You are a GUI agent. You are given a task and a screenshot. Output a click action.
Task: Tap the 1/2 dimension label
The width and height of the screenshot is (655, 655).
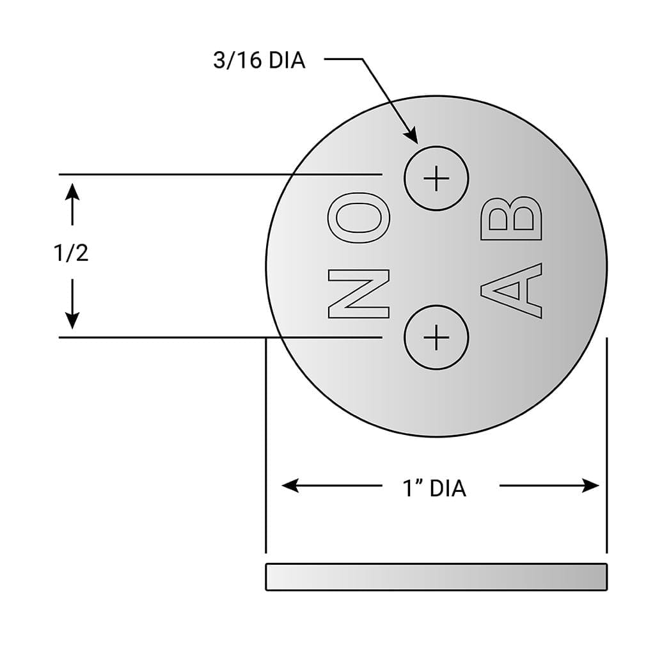tap(70, 253)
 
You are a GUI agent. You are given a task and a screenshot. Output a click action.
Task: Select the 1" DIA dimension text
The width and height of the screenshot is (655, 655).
tap(434, 489)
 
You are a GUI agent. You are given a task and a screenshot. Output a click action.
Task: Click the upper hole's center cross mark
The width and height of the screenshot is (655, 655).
tap(436, 178)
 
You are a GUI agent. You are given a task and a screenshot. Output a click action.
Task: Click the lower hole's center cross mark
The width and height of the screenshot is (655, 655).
tap(436, 337)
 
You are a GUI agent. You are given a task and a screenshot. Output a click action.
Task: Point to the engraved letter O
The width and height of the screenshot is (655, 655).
tap(358, 223)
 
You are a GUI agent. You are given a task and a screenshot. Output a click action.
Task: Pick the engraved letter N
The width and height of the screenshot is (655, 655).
tap(358, 294)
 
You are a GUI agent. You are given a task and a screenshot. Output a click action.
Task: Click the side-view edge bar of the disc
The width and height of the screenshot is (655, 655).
tap(436, 576)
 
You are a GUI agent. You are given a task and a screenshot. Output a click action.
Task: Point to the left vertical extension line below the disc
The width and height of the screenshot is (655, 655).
tap(265, 448)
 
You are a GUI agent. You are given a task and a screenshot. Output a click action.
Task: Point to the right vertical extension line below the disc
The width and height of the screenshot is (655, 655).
tap(606, 448)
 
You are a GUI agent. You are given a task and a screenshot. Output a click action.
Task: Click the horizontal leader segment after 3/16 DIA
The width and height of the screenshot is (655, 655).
tap(344, 59)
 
